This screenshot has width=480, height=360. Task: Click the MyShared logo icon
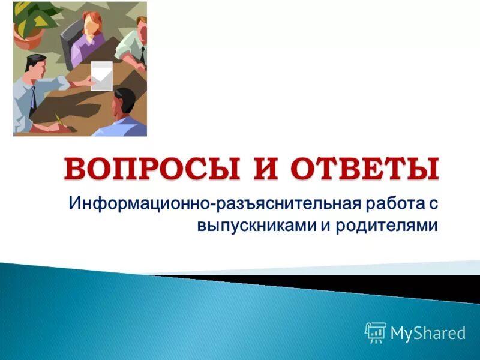pos(376,332)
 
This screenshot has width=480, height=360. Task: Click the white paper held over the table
pos(101,76)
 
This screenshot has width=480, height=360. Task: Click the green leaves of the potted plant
pos(33,15)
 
